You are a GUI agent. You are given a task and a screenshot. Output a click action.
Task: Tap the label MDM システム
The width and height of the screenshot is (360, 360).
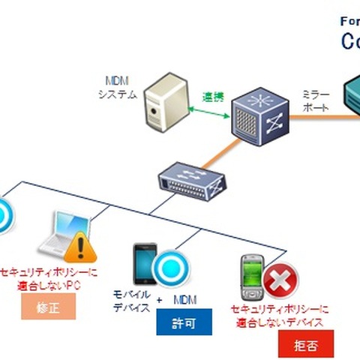pyautogui.click(x=118, y=87)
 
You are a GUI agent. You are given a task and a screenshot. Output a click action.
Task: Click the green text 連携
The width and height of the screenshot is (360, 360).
pyautogui.click(x=213, y=97)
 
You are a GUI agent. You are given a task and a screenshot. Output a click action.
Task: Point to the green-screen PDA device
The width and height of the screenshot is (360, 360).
pyautogui.click(x=252, y=278)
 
